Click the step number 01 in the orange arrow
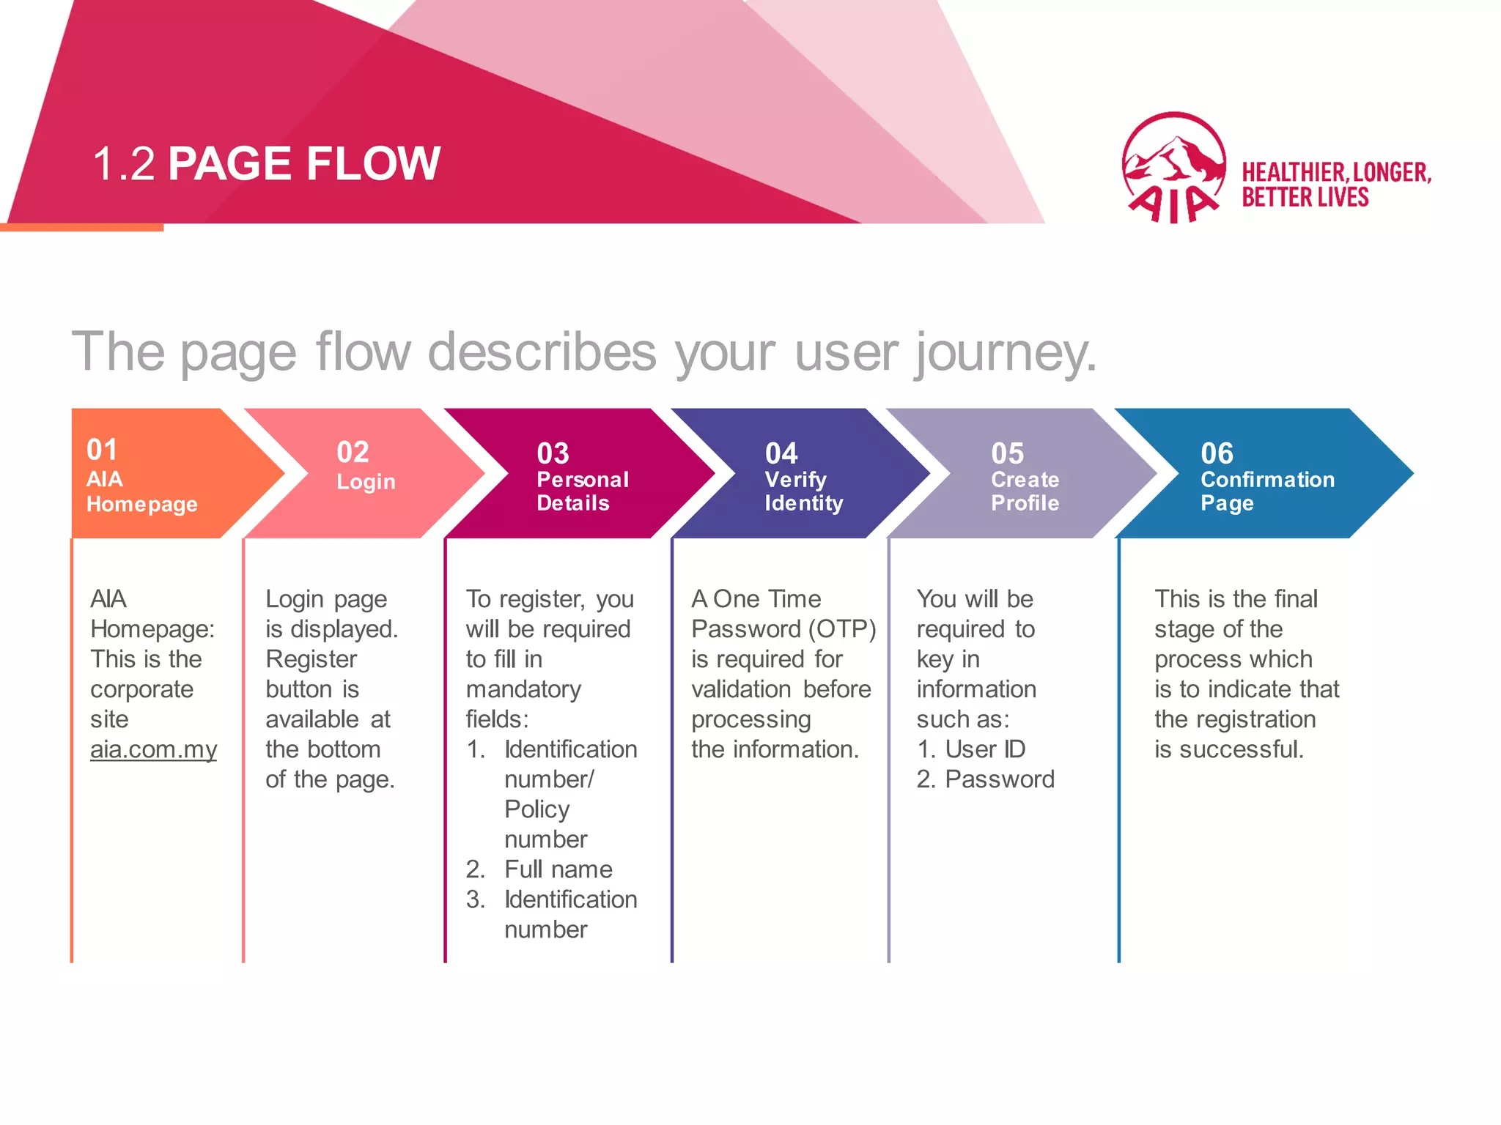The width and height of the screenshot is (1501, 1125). [x=102, y=450]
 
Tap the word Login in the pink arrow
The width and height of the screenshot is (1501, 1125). [x=366, y=481]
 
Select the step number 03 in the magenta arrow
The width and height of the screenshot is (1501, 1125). [x=553, y=453]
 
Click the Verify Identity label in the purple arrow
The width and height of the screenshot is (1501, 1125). [x=803, y=491]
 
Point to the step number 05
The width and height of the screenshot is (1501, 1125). [x=1007, y=453]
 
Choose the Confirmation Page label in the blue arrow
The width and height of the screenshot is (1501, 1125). [x=1266, y=491]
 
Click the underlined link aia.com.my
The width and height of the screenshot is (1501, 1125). [x=153, y=749]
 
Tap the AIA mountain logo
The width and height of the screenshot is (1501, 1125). [x=1173, y=167]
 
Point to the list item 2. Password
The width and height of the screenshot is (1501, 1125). [x=985, y=779]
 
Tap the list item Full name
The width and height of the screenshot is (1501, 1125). [x=558, y=869]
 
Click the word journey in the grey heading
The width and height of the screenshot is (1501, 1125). [x=1004, y=353]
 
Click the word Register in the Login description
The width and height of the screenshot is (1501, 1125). [x=311, y=659]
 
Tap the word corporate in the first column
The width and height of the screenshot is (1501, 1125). [x=141, y=689]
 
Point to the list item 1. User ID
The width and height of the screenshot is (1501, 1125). [x=970, y=749]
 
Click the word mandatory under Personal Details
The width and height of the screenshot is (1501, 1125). [x=523, y=689]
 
